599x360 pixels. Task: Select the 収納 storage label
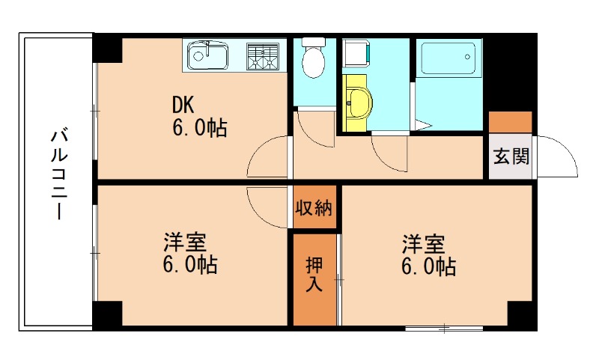pyautogui.click(x=314, y=209)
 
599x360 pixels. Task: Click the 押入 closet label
pyautogui.click(x=314, y=275)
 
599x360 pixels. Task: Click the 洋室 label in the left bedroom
pyautogui.click(x=186, y=242)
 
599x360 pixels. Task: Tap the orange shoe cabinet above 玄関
pyautogui.click(x=511, y=121)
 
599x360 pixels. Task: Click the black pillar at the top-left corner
pyautogui.click(x=106, y=49)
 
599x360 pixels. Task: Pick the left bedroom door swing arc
pyautogui.click(x=268, y=204)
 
